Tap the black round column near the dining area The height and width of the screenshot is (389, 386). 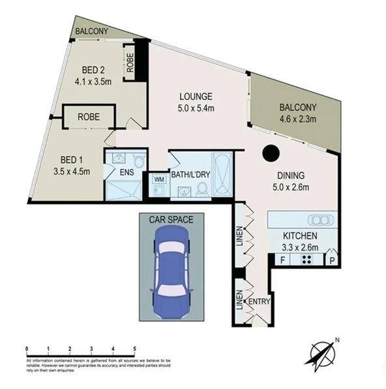click(x=270, y=153)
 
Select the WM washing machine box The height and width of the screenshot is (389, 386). click(x=158, y=179)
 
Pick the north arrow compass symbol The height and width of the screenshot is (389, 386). click(x=320, y=352)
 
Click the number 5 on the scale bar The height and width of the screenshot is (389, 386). click(x=134, y=349)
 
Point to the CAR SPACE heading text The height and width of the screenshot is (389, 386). click(x=171, y=220)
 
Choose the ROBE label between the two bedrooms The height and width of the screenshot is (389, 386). click(x=89, y=118)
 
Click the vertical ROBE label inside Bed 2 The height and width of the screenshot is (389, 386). click(x=130, y=63)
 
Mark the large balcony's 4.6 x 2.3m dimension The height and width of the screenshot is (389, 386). click(x=297, y=119)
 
